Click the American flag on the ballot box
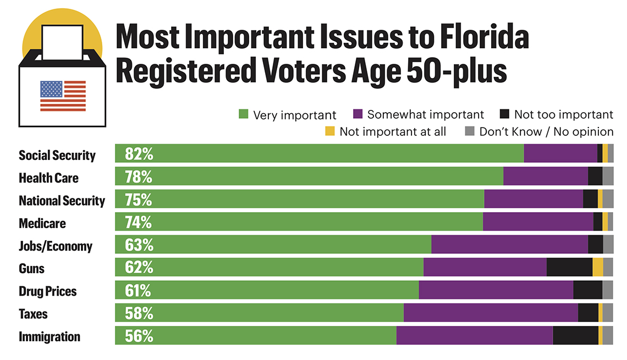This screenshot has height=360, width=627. click(x=63, y=96)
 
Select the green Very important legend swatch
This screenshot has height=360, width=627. click(x=243, y=114)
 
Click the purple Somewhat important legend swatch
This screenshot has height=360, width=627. click(x=357, y=114)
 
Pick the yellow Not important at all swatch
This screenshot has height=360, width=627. click(x=330, y=131)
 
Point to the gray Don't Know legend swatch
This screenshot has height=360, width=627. click(x=469, y=131)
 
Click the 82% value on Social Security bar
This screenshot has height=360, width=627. click(x=139, y=153)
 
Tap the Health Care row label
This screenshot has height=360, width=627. click(x=48, y=178)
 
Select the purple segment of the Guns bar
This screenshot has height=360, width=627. click(x=485, y=267)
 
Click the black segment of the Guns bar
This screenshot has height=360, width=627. click(x=569, y=267)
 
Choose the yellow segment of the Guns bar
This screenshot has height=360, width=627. click(x=597, y=267)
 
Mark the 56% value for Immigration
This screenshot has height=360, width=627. click(x=139, y=336)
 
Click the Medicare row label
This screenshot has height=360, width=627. click(x=42, y=223)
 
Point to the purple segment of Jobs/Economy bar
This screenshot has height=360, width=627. click(x=509, y=245)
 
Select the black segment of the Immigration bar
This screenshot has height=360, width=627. click(x=575, y=336)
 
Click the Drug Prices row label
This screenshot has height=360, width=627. click(x=48, y=291)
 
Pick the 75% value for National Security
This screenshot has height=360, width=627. click(x=139, y=199)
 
